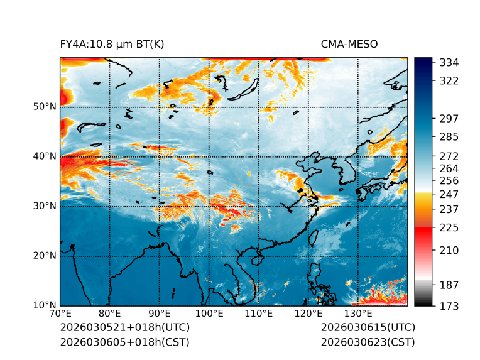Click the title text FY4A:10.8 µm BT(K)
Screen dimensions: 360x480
[x=112, y=45]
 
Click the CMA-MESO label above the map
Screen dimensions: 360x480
[x=349, y=45]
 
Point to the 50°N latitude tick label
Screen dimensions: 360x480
[x=44, y=106]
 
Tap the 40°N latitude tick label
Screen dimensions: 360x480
[x=44, y=156]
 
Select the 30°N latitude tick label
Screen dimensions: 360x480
[x=44, y=206]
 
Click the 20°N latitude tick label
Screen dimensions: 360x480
[x=44, y=256]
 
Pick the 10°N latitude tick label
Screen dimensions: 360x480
[x=44, y=305]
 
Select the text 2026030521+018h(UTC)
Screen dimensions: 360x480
[x=124, y=328]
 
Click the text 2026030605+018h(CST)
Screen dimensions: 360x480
[x=124, y=342]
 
